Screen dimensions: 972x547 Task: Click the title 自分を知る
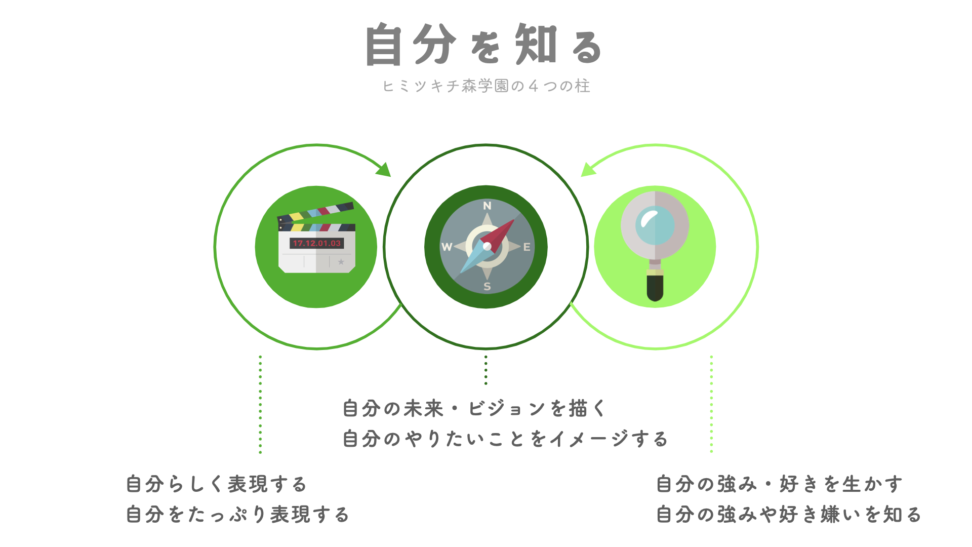point(484,45)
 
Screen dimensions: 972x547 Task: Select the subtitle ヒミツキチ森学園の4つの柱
point(487,86)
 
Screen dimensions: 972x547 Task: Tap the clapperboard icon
point(316,238)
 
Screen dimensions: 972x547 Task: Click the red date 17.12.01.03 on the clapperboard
point(317,243)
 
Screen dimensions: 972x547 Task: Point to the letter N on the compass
point(487,206)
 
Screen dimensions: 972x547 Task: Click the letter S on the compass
point(487,286)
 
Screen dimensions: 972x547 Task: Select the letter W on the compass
point(447,247)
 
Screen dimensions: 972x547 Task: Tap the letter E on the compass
point(527,247)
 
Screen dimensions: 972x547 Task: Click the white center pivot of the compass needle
point(487,247)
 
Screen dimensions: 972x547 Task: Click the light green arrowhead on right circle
point(588,170)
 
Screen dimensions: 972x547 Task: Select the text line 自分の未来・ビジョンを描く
point(474,408)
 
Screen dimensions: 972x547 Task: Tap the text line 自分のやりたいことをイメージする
point(505,439)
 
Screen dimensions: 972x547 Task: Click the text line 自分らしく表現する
point(217,484)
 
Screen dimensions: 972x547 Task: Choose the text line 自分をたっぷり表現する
point(237,515)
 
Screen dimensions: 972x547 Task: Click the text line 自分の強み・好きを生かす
point(780,484)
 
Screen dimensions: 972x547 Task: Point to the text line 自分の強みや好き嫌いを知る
point(789,515)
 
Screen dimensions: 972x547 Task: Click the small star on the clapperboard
point(341,262)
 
